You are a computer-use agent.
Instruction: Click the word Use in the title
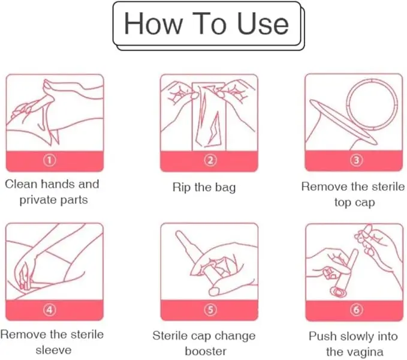pos(263,24)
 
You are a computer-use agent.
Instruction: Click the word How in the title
pos(153,24)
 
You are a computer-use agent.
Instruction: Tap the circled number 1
pos(49,160)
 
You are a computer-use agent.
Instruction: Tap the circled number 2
pos(210,160)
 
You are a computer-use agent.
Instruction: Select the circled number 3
pos(357,160)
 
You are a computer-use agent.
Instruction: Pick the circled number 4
pos(49,310)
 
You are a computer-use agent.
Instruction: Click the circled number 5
pos(210,310)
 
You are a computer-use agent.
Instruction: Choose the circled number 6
pos(357,310)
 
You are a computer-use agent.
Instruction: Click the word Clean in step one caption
pos(21,184)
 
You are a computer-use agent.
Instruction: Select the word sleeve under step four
pos(53,350)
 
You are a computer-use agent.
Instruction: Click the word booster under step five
pos(206,352)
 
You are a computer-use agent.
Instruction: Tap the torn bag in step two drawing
pos(209,116)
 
